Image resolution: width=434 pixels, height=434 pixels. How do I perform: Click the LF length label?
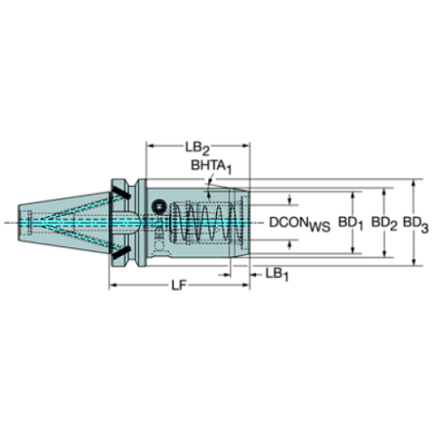[x=179, y=284]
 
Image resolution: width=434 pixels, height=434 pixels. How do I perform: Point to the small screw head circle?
[x=160, y=205]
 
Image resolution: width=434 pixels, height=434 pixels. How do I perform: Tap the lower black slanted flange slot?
[x=120, y=257]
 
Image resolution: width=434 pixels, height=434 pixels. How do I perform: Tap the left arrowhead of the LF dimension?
[x=112, y=285]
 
